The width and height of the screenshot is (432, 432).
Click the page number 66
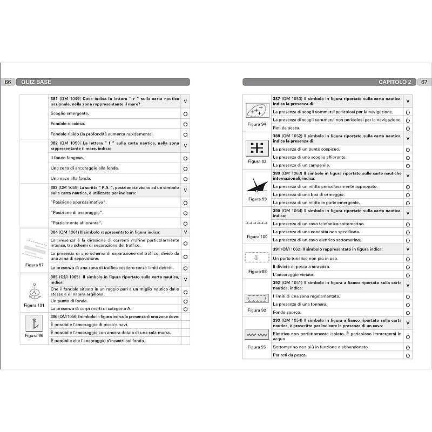tap(8, 82)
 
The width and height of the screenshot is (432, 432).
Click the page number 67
tap(424, 82)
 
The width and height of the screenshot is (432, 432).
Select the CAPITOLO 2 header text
tap(395, 82)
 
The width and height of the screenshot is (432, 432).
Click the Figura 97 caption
tap(34, 265)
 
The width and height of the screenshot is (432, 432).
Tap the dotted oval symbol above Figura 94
tap(256, 111)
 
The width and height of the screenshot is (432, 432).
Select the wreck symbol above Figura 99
tap(256, 185)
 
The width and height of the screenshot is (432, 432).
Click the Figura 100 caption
tap(256, 237)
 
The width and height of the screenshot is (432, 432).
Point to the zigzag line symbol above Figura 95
tap(256, 335)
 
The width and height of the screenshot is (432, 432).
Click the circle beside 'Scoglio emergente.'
tap(185, 114)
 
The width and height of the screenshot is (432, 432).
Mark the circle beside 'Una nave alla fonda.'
tap(185, 179)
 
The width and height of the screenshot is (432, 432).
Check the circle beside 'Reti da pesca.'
tap(408, 128)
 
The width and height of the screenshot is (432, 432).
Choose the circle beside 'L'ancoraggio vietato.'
tap(408, 275)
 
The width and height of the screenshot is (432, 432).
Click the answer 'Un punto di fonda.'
tap(69, 301)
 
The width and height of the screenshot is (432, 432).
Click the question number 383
tap(54, 187)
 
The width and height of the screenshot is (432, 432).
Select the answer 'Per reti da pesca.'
tap(290, 355)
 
